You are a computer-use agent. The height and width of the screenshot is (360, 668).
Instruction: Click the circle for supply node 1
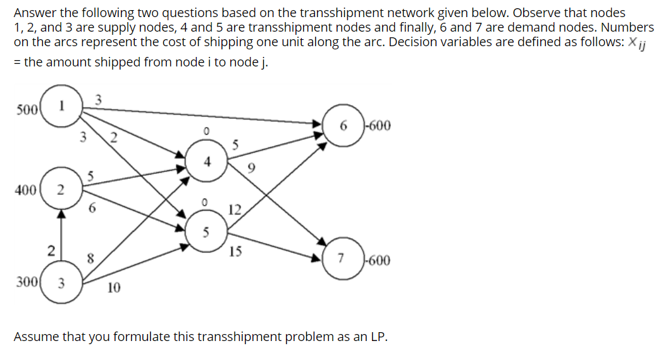(x=60, y=106)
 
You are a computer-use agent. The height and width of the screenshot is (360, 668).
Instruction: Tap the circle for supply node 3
(x=61, y=283)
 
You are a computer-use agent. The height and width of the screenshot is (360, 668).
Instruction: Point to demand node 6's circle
(x=345, y=125)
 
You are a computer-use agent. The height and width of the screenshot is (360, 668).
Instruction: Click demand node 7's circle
(x=342, y=259)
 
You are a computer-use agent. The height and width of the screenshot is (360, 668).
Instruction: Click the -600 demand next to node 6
(x=378, y=125)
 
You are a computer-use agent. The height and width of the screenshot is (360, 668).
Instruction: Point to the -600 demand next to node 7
(x=377, y=259)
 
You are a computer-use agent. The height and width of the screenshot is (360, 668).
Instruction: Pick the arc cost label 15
(x=235, y=252)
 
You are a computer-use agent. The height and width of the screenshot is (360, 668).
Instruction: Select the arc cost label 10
(x=114, y=289)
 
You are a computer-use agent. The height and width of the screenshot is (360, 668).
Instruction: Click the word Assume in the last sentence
(x=37, y=336)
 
